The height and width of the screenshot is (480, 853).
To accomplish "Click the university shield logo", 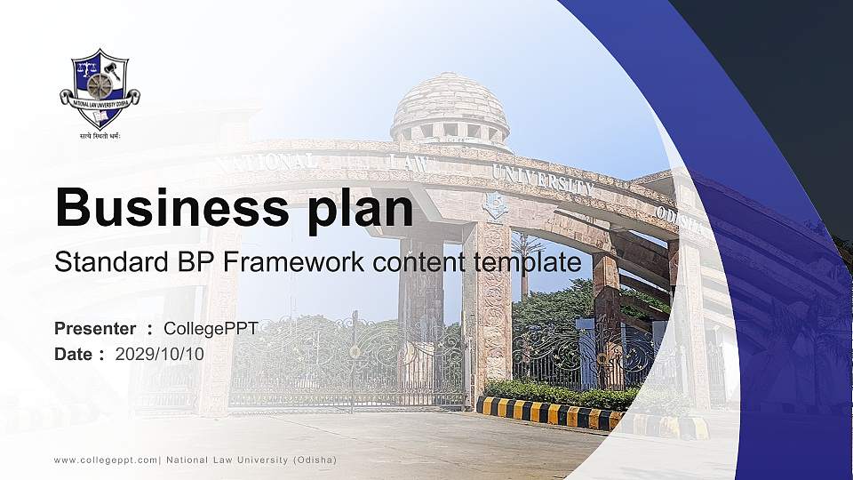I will [100, 88].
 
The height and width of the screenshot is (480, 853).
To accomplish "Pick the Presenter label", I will [95, 329].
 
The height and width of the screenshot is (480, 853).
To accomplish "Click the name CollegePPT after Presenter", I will [211, 329].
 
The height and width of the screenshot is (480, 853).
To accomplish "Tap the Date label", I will [74, 354].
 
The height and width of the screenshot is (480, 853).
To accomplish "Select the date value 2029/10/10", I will [159, 354].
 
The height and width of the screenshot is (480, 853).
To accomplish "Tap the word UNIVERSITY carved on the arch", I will [543, 179].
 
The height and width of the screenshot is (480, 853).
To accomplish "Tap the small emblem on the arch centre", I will [494, 205].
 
